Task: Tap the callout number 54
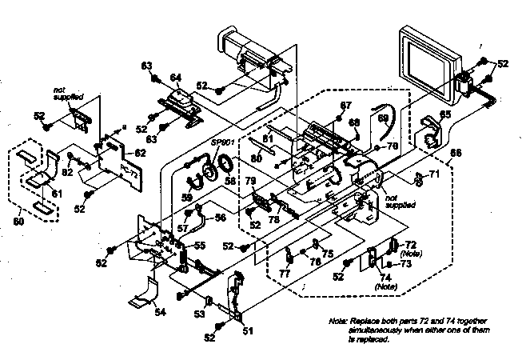161,312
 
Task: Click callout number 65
444,114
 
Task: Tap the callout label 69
383,118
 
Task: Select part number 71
434,174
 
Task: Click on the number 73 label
406,263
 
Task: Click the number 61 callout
55,193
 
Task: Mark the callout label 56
220,217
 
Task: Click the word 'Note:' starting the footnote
339,321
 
